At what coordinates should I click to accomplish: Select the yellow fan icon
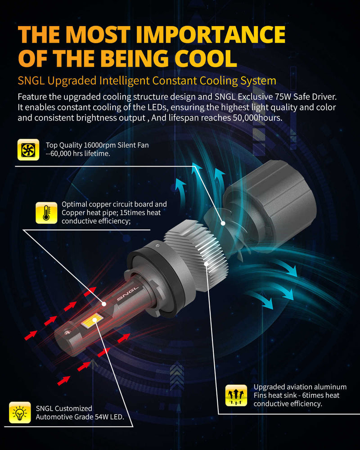coord(28,150)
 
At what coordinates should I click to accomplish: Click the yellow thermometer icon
coord(46,213)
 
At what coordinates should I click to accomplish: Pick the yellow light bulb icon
coord(20,413)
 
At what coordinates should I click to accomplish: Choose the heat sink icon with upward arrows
coord(236,396)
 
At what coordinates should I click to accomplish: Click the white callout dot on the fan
coord(223,222)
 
